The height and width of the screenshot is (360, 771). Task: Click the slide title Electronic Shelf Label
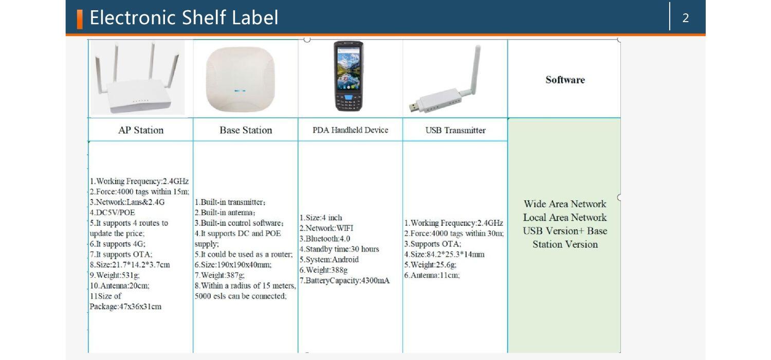(x=183, y=18)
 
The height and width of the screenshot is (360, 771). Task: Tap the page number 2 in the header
(x=685, y=19)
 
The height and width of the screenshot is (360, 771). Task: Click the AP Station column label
(x=141, y=130)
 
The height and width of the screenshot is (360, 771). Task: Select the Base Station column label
(x=246, y=130)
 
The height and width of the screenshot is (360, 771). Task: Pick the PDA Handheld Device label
(x=351, y=130)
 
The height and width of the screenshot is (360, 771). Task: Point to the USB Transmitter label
(x=455, y=130)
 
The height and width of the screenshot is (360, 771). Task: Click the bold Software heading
(x=565, y=80)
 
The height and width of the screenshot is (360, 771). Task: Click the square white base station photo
(x=240, y=80)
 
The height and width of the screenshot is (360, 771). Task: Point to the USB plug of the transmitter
(x=414, y=108)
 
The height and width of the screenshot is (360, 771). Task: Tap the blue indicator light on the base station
(x=240, y=91)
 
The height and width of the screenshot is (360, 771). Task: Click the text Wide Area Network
(x=565, y=204)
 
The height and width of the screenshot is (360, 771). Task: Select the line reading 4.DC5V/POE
(x=113, y=212)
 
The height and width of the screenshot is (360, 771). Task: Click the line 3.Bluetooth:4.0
(x=325, y=239)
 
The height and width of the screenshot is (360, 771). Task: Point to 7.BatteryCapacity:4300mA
(x=344, y=280)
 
